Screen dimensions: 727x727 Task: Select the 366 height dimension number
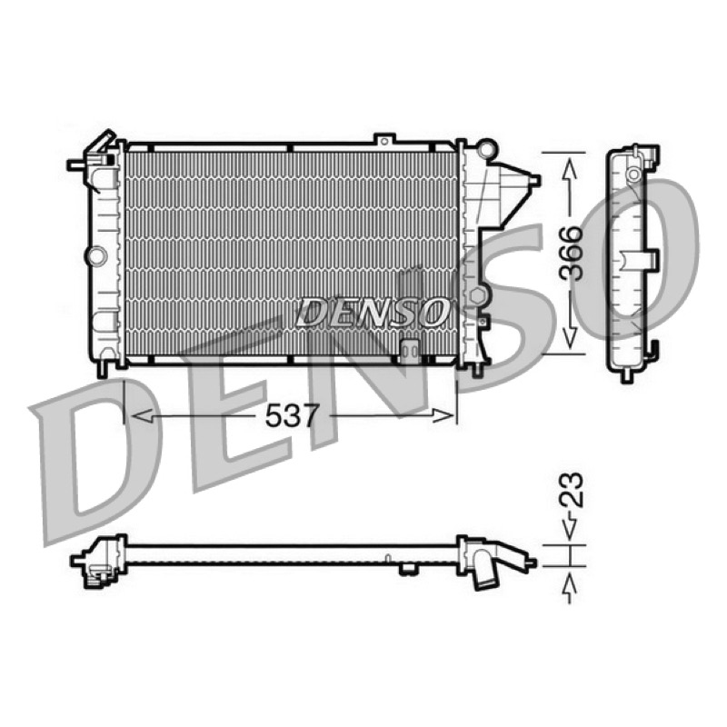point(571,254)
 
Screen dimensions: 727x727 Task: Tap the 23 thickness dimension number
point(571,490)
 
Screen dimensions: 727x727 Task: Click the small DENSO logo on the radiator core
point(373,312)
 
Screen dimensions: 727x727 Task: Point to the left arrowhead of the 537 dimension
point(142,415)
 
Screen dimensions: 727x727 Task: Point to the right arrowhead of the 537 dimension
point(443,415)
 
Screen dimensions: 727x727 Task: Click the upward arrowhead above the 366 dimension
point(570,169)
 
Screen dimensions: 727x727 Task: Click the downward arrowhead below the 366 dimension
point(570,337)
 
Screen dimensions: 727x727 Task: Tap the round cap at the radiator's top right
point(486,149)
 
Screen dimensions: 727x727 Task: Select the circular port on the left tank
point(96,256)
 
